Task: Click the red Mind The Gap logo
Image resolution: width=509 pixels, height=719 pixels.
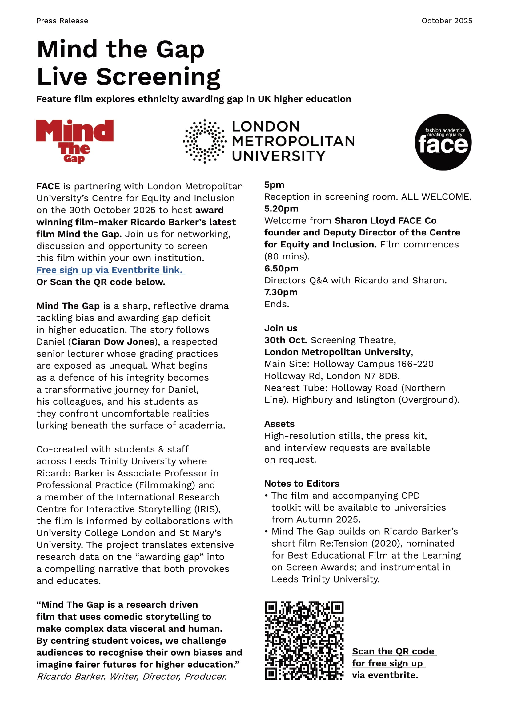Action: pos(74,141)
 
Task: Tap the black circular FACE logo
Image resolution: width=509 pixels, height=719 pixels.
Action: pos(443,142)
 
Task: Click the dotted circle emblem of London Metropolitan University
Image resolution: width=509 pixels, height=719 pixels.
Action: pos(205,141)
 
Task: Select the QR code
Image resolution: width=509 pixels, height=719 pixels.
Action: pos(304,640)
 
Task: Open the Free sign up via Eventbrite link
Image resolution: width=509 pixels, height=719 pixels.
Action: pos(111,270)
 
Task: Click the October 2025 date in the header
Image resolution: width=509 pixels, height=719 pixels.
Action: pos(447,21)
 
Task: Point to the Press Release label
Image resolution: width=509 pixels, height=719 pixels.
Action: pos(62,21)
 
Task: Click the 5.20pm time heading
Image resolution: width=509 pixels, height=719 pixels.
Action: pos(281,208)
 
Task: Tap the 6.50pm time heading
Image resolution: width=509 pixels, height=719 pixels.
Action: pos(281,268)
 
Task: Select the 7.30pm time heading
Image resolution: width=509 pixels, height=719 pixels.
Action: pos(281,292)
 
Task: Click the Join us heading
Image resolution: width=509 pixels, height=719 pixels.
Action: pos(281,328)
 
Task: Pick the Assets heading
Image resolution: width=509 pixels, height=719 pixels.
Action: pos(279,424)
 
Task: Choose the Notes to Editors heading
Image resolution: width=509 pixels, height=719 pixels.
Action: pos(302,484)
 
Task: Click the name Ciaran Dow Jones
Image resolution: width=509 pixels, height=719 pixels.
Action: pos(113,342)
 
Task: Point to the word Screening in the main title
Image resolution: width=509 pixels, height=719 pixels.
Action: pos(158,77)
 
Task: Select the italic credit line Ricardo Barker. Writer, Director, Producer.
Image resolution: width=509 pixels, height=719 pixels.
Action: pos(132,676)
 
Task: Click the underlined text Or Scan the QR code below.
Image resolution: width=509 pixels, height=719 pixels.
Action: pos(101,282)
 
